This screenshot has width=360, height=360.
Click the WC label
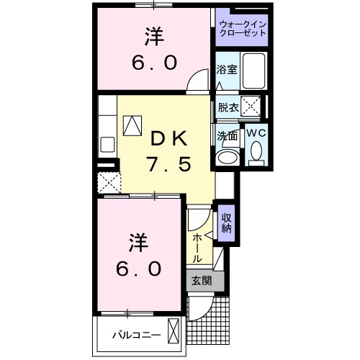pyautogui.click(x=256, y=133)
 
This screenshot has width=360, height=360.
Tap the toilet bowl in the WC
pyautogui.click(x=256, y=152)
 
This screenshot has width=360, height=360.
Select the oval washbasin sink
pyautogui.click(x=230, y=157)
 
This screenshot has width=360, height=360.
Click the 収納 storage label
pyautogui.click(x=226, y=223)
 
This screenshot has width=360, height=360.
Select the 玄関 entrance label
pyautogui.click(x=202, y=281)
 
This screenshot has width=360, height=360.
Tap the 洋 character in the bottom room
pyautogui.click(x=135, y=240)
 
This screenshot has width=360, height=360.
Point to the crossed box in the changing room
pyautogui.click(x=251, y=107)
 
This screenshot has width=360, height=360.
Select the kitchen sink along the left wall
pyautogui.click(x=107, y=143)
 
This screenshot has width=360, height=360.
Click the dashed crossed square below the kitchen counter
pyautogui.click(x=109, y=181)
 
